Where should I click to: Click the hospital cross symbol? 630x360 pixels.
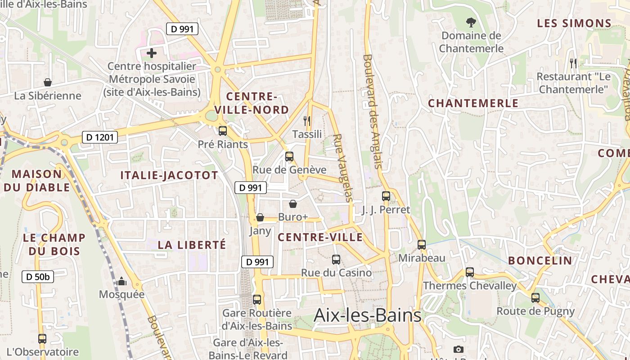(152, 54)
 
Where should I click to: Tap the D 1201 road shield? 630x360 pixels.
(99, 138)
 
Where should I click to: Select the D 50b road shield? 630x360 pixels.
(38, 277)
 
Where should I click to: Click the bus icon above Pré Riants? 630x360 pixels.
(223, 131)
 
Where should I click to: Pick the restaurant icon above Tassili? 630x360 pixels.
(307, 121)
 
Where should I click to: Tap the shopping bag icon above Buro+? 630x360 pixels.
(293, 204)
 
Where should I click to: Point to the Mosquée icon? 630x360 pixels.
(121, 282)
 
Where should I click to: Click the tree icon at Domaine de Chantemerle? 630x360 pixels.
(471, 22)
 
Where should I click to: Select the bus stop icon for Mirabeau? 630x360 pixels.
(422, 245)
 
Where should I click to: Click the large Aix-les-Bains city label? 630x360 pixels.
(367, 315)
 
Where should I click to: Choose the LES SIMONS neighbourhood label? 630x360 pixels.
(574, 23)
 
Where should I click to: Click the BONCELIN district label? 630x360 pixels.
(540, 261)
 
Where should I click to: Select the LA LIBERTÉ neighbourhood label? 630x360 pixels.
(192, 245)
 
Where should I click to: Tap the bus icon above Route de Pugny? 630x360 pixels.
(535, 298)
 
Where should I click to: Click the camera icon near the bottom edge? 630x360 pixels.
(458, 349)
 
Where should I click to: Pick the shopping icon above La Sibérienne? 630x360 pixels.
(48, 82)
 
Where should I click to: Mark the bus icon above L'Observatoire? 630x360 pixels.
(42, 339)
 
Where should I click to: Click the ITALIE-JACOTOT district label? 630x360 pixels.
(169, 175)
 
